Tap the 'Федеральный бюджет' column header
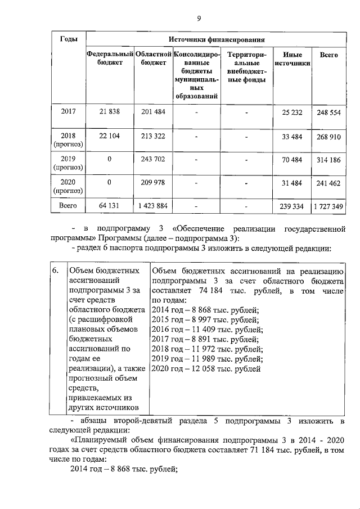110,58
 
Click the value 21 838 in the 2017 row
110,112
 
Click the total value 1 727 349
328,206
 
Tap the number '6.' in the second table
55,271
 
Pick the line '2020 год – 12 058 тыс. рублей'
206,369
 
